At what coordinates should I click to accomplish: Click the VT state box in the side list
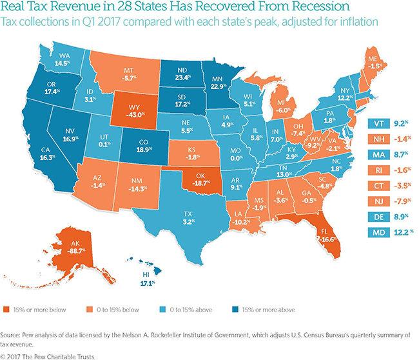376,123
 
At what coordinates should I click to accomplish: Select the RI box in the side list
376,172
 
